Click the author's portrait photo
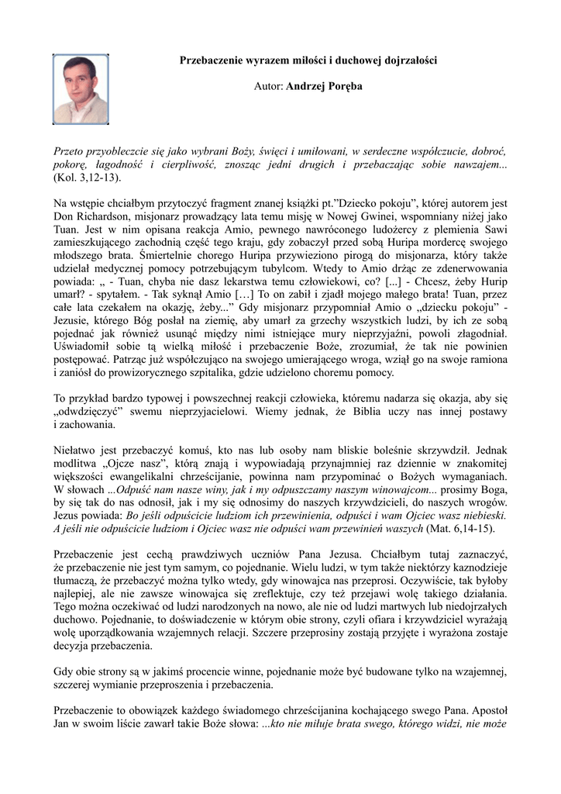coord(81,89)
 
